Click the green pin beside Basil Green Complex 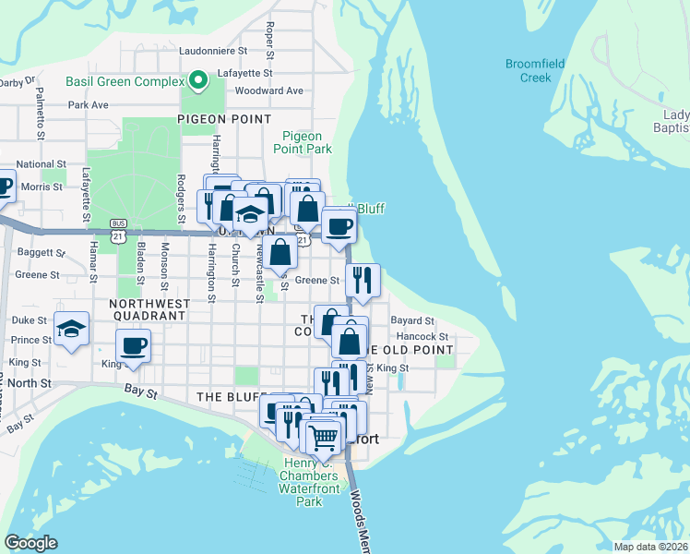point(196,81)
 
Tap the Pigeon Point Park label point(303,142)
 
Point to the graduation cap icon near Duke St point(71,328)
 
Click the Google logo point(30,543)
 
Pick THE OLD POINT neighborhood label point(410,350)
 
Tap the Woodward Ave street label point(268,90)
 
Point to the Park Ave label point(88,105)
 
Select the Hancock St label point(422,337)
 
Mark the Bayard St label point(412,320)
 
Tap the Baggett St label point(38,251)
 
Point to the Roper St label point(270,40)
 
